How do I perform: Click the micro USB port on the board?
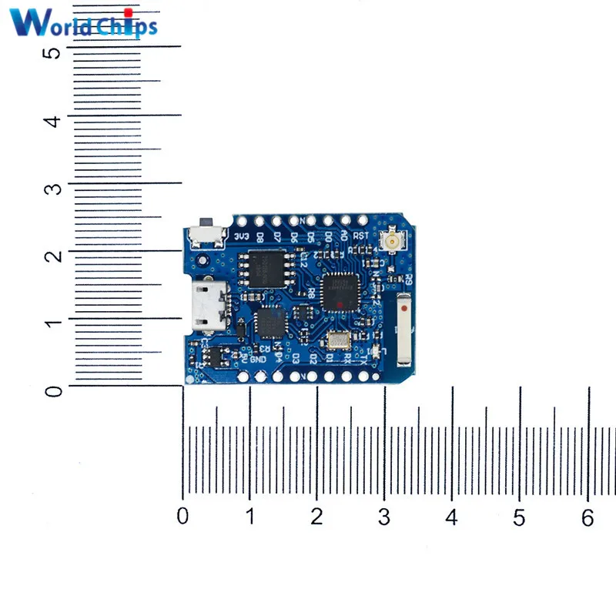pyautogui.click(x=206, y=304)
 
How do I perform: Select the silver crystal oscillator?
pyautogui.click(x=337, y=339)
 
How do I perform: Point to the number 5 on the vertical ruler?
pyautogui.click(x=52, y=52)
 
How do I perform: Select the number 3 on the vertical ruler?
pyautogui.click(x=52, y=186)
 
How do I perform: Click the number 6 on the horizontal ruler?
pyautogui.click(x=588, y=518)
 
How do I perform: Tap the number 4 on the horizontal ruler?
pyautogui.click(x=453, y=518)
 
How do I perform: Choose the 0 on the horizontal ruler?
pyautogui.click(x=182, y=517)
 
